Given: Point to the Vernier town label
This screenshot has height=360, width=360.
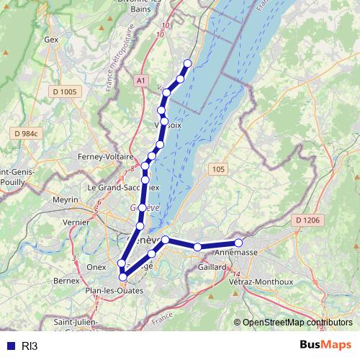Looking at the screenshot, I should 76,222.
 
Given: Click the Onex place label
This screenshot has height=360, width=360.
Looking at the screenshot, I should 96,266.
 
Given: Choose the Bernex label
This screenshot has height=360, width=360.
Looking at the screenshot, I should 66,279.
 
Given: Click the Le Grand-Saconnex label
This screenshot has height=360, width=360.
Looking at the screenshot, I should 122,187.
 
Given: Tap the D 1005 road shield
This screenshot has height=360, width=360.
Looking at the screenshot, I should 64,91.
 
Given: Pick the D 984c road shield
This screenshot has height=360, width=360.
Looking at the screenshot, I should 28,134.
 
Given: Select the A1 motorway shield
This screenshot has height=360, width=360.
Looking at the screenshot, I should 140,81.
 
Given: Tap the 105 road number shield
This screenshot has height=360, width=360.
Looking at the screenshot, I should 218,168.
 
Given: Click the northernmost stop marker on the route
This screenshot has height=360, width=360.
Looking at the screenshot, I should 188,63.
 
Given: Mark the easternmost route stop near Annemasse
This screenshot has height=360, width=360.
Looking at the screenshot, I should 238,243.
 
